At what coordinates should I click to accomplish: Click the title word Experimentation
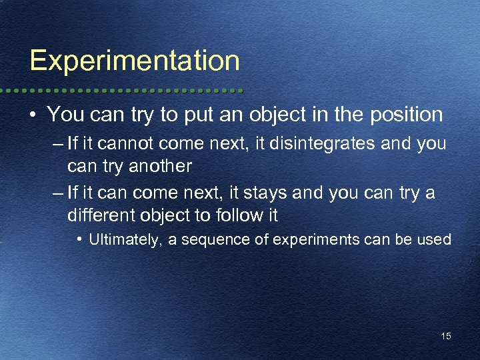tap(135, 61)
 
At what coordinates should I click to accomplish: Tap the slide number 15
tap(446, 336)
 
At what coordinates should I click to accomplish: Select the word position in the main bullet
tap(407, 115)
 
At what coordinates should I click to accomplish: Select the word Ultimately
tap(124, 239)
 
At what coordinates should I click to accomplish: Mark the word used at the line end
tap(437, 239)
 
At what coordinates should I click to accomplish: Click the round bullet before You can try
tap(33, 115)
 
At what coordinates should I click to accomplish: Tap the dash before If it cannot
tap(57, 145)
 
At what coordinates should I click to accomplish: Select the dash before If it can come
tap(57, 193)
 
